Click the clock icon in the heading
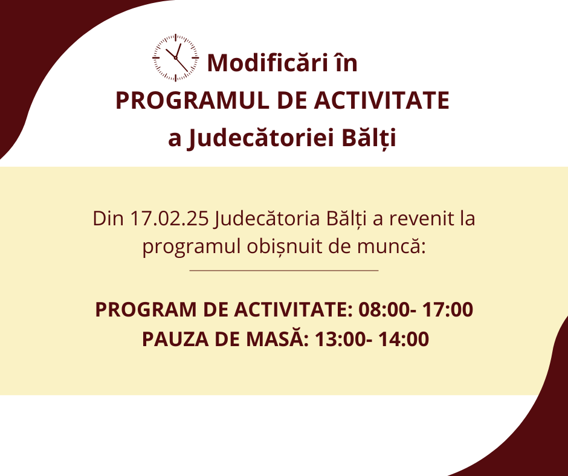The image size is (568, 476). [x=176, y=58]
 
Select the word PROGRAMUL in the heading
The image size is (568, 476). [x=192, y=100]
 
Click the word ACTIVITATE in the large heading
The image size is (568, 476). [x=381, y=100]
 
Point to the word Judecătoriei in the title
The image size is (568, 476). [x=260, y=138]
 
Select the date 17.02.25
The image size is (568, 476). [x=169, y=219]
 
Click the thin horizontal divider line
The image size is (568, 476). [x=284, y=270]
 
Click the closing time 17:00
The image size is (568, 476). [x=448, y=310]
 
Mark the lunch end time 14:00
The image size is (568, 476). [x=404, y=339]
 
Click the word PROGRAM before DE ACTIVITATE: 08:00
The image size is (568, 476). [x=146, y=310]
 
